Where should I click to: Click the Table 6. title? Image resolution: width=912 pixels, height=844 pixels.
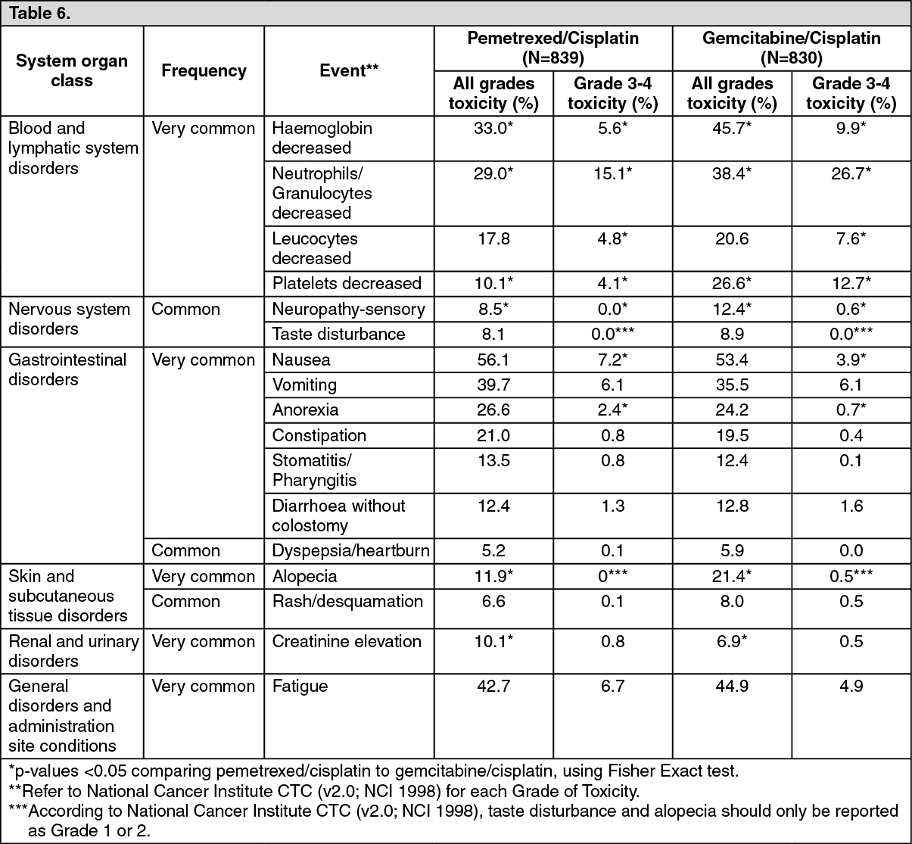39,14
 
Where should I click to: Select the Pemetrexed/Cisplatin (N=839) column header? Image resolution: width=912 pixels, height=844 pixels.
552,48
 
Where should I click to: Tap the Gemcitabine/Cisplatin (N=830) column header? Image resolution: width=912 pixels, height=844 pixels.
791,48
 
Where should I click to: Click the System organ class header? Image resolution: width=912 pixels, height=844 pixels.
72,70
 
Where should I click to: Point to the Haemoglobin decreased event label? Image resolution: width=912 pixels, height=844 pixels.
322,138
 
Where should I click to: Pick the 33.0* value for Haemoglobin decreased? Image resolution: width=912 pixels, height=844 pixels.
493,129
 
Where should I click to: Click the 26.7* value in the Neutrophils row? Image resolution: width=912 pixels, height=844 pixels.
851,173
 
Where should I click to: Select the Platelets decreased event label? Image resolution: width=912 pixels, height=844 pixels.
347,283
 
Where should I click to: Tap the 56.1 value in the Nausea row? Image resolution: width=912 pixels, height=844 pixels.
493,360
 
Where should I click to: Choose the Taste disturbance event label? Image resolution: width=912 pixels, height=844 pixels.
338,334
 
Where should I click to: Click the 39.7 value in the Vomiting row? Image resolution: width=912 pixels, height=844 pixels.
493,385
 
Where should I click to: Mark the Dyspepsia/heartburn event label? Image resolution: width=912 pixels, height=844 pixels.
350,550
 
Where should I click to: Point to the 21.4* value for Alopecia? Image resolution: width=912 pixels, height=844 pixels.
732,576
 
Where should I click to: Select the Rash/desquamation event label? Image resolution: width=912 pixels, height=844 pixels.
347,601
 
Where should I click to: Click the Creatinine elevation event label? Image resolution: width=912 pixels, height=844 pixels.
347,641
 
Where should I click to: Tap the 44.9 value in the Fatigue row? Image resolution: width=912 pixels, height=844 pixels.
732,686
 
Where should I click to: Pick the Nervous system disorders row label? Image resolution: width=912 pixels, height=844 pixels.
69,319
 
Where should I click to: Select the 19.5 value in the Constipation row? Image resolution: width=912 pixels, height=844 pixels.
732,435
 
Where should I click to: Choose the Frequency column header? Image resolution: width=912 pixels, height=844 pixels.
204,70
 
